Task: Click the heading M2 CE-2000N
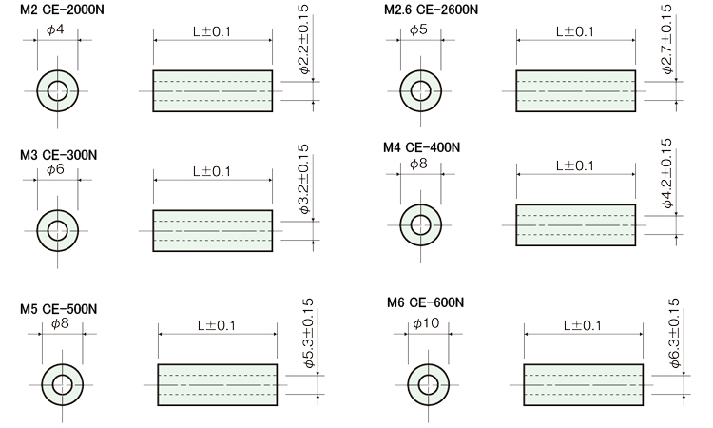tap(62, 10)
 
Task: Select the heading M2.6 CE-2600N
tap(431, 10)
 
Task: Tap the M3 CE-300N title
tap(58, 155)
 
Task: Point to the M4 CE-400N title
tap(421, 147)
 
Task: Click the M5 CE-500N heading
tap(58, 309)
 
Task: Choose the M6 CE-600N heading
tap(426, 302)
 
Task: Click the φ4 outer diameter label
tap(55, 30)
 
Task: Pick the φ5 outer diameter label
tap(418, 30)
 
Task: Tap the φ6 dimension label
tap(55, 169)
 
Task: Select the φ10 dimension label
tap(426, 323)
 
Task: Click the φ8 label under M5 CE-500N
tap(60, 323)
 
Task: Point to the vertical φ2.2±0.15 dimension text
tap(304, 39)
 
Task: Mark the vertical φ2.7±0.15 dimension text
tap(667, 39)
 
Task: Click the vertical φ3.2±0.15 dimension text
tap(304, 179)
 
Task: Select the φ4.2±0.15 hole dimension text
tap(667, 173)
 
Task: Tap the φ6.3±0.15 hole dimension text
tap(675, 333)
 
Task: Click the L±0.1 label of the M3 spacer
tap(212, 171)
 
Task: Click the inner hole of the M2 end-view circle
tap(58, 91)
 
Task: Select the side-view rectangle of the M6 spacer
tap(584, 385)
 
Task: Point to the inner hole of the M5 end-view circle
tap(63, 385)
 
